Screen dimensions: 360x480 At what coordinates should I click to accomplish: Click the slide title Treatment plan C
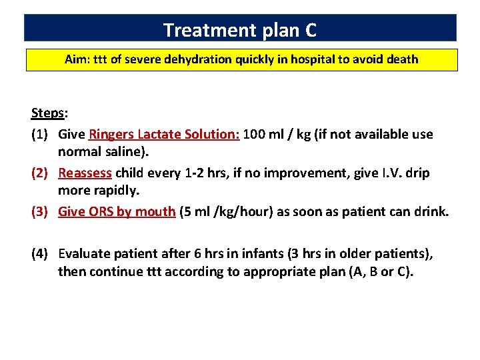point(240,30)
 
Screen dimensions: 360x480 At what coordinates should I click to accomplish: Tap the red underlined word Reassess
point(85,173)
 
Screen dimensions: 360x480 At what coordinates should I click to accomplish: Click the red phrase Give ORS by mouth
point(117,212)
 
